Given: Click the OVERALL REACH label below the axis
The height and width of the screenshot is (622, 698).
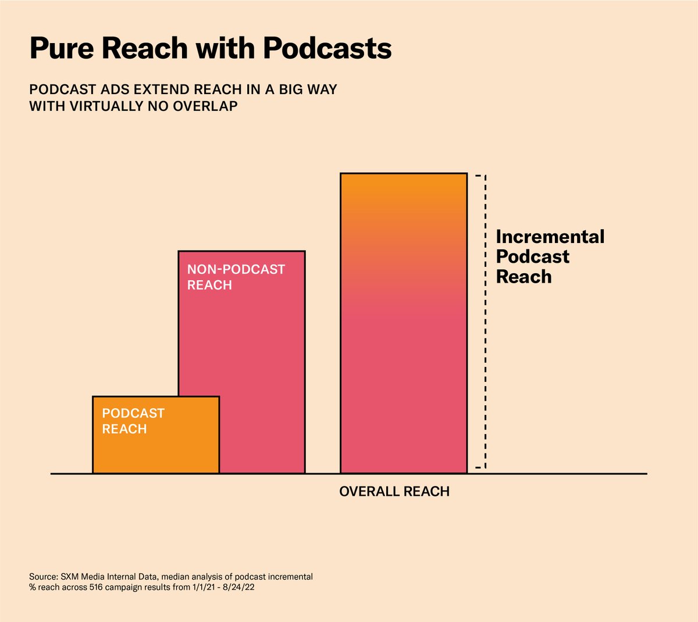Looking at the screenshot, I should tap(394, 492).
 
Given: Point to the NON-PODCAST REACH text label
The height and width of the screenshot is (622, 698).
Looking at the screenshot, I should tap(236, 277).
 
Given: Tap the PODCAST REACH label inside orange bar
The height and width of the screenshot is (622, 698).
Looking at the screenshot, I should tap(133, 421).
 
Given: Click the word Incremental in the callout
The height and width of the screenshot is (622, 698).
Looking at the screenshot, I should tap(550, 237).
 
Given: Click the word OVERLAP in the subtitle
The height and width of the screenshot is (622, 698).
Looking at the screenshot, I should tap(205, 106).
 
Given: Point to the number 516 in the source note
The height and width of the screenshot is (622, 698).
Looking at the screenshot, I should tap(97, 588).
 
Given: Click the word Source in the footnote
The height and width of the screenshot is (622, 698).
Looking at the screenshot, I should tap(43, 577).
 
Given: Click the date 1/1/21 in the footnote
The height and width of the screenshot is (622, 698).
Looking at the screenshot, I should tap(202, 588).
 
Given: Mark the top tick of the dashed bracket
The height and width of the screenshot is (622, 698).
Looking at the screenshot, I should tap(478, 175).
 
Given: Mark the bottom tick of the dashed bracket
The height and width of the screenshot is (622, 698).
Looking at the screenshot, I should tap(478, 467).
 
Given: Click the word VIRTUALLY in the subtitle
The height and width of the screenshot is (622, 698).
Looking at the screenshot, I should tap(98, 106).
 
